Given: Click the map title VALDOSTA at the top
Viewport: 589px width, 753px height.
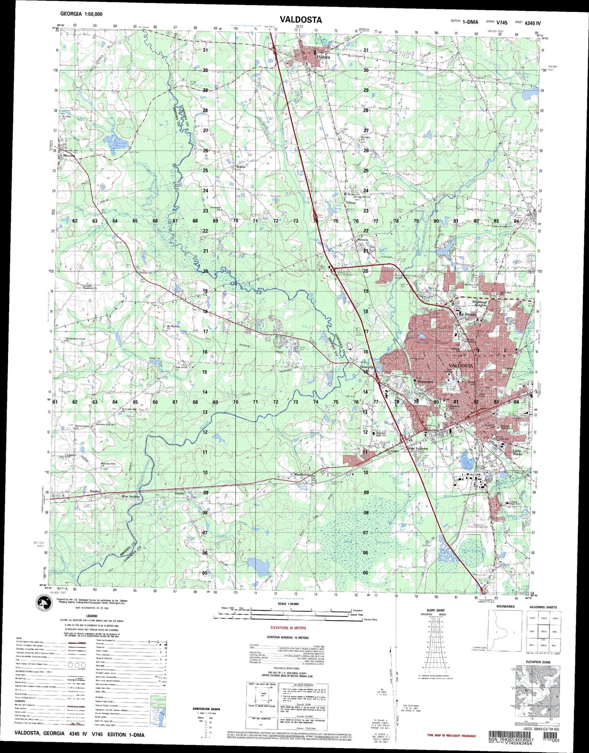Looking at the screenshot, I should click(x=300, y=20).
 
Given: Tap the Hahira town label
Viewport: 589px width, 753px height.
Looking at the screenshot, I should click(x=323, y=57).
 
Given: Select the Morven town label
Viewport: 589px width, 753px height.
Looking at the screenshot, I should click(x=67, y=156).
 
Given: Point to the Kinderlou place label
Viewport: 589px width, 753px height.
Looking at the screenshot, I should click(x=302, y=475).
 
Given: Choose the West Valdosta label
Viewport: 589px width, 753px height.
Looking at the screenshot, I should click(x=418, y=449).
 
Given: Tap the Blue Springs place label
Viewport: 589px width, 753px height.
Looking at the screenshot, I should click(x=130, y=496).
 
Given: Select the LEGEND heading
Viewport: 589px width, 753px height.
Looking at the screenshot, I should click(x=92, y=616).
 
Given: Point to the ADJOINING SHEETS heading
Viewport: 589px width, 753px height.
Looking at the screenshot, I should click(x=543, y=607).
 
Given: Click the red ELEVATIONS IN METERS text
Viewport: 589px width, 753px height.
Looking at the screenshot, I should click(x=288, y=628).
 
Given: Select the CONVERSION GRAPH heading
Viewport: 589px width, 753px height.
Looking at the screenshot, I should click(x=206, y=709).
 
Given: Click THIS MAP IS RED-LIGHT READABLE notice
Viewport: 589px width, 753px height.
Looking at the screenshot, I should click(x=451, y=735).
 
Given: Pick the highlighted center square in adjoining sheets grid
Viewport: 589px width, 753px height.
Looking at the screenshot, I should click(x=543, y=632).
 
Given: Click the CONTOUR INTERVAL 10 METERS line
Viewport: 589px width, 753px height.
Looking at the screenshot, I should click(x=288, y=637).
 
